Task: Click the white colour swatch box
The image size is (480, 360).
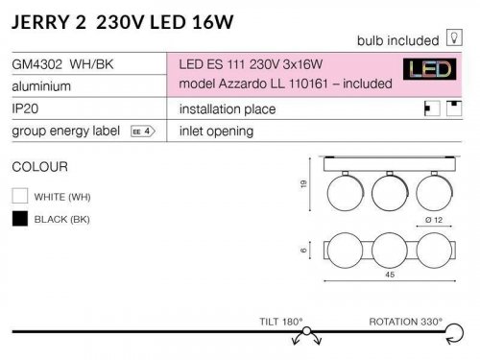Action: pyautogui.click(x=19, y=196)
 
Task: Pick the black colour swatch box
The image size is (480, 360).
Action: pyautogui.click(x=19, y=219)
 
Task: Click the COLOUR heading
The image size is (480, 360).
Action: pyautogui.click(x=39, y=166)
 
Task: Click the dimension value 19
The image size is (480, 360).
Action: pyautogui.click(x=304, y=184)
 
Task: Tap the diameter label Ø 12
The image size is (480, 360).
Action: pyautogui.click(x=433, y=220)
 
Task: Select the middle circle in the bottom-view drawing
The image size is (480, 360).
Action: pyautogui.click(x=388, y=252)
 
